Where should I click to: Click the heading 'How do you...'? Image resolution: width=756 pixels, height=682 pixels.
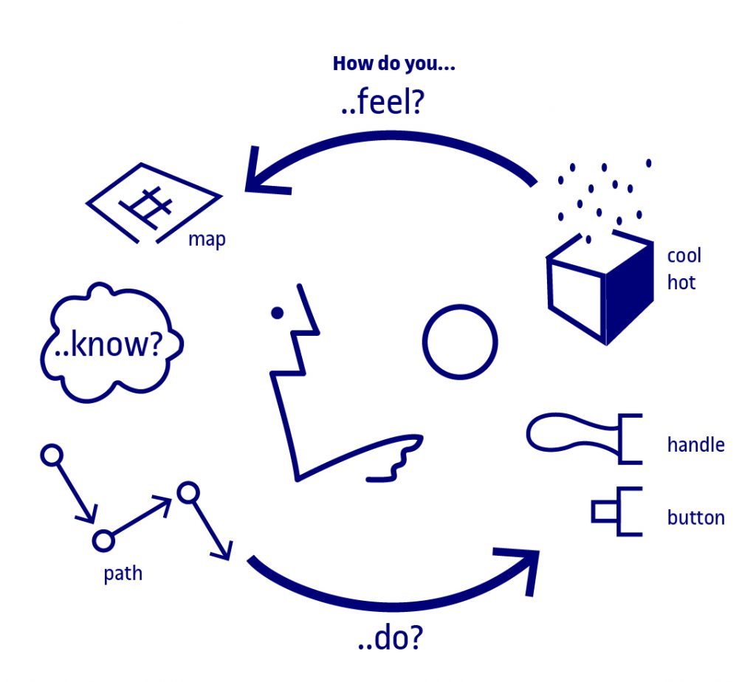(394, 64)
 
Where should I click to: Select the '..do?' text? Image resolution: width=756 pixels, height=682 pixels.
(390, 637)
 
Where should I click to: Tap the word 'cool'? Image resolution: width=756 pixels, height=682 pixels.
(684, 255)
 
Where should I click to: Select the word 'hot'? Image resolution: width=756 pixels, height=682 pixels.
(681, 283)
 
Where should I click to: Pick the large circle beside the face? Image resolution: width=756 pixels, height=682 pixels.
(423, 342)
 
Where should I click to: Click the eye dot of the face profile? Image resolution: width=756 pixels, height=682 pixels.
(278, 313)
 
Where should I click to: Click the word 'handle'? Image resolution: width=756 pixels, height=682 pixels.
(695, 445)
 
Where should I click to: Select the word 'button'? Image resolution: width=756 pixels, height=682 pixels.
(695, 517)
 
